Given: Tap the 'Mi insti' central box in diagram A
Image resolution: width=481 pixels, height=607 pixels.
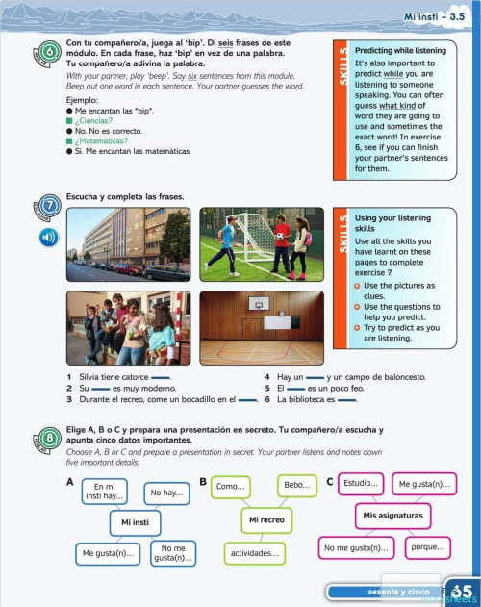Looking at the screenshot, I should coord(134,521).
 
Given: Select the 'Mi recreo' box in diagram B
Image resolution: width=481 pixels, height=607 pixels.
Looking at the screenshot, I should coord(266,520).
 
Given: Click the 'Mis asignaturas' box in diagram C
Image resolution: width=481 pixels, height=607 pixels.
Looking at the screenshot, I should coord(392,515).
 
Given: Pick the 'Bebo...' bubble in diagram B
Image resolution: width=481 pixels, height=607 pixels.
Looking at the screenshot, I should coord(297,486).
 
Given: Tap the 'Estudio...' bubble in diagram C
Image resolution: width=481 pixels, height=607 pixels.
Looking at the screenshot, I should coord(362,482).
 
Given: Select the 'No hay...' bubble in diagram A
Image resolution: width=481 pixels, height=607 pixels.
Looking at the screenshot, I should coord(165,493).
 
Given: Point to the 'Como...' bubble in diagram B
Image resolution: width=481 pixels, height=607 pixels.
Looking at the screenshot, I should coord(231,487).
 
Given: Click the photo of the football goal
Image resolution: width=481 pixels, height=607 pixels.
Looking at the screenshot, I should coord(261,244).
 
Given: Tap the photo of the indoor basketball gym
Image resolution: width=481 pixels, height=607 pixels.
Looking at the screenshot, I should coord(261,329).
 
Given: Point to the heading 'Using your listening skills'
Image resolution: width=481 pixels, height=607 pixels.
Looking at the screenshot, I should coord(385,224).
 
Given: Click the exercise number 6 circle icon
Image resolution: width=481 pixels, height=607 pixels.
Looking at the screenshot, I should coord(48,53).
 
